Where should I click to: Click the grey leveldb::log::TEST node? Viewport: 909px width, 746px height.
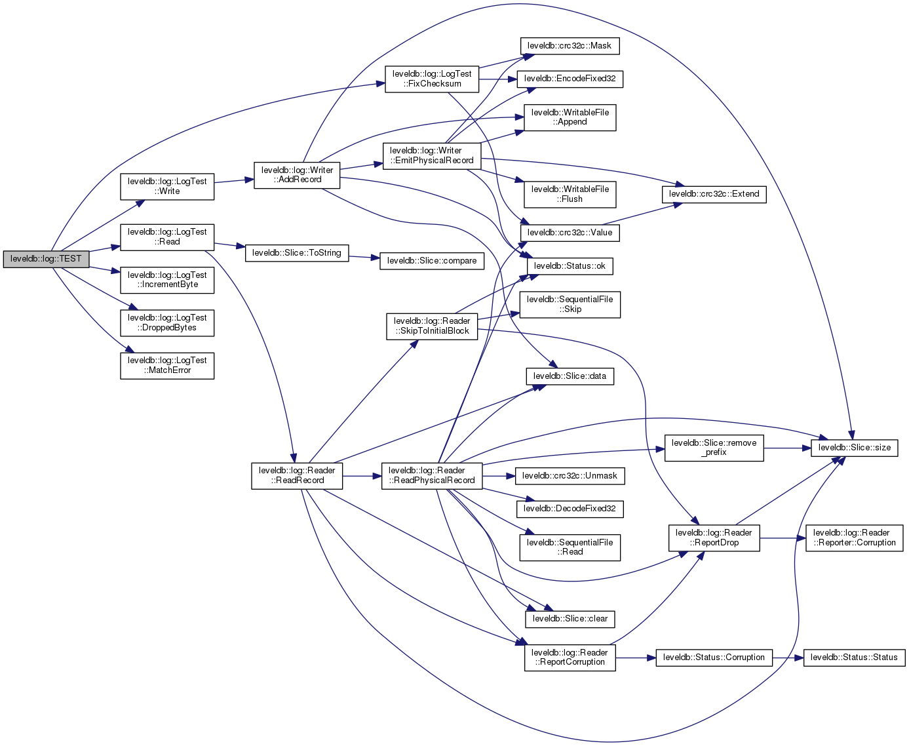click(46, 259)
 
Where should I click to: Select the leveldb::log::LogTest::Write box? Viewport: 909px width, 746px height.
click(167, 186)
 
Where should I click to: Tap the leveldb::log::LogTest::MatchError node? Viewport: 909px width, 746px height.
click(167, 365)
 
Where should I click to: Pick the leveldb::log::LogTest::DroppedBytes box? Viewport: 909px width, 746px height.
click(167, 323)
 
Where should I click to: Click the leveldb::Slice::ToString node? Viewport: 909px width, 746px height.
click(297, 253)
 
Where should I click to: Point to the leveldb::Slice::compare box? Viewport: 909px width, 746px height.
click(432, 261)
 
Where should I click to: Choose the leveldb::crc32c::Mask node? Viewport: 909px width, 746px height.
click(570, 46)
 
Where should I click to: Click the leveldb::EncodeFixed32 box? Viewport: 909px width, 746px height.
click(570, 79)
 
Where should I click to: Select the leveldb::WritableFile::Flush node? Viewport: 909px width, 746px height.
click(570, 194)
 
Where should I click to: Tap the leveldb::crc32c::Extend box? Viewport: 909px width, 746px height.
click(714, 194)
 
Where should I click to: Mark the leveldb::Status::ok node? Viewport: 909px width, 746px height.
click(570, 266)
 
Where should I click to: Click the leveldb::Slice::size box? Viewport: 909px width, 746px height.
click(855, 448)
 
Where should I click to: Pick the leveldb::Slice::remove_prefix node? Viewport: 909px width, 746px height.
click(714, 448)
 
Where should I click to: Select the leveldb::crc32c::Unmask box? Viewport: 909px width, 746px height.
click(570, 476)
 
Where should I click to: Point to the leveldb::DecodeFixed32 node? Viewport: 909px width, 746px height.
click(570, 509)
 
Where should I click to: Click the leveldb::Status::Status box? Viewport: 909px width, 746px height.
click(854, 658)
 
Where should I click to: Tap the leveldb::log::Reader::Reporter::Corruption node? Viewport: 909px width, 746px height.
click(854, 538)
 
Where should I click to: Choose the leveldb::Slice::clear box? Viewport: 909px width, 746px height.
click(570, 619)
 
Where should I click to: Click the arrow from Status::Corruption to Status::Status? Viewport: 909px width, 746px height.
click(788, 658)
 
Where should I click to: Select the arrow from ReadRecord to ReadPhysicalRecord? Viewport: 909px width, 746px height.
click(362, 476)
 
